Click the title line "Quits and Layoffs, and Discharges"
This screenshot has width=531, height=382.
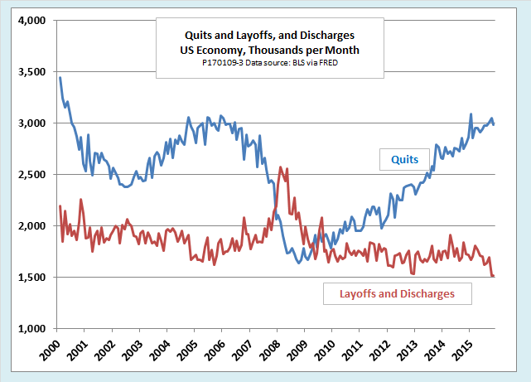click(x=258, y=36)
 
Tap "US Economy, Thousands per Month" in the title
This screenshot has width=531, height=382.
click(x=258, y=49)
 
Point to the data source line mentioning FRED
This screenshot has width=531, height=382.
click(x=258, y=61)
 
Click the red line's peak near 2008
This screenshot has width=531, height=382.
click(x=281, y=167)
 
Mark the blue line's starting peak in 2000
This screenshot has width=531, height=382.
click(x=60, y=77)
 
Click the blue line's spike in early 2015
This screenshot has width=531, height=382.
click(x=471, y=114)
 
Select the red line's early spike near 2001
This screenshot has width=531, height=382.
click(x=80, y=199)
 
